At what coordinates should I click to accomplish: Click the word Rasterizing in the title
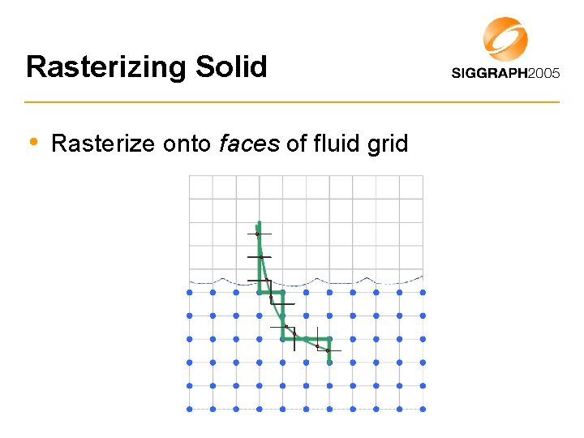(106, 67)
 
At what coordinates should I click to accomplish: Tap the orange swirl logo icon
(505, 39)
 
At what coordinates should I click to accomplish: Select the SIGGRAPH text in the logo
(488, 73)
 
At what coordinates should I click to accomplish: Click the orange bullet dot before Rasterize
(33, 142)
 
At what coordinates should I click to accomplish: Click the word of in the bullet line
(295, 144)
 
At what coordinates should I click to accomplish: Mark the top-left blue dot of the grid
(190, 292)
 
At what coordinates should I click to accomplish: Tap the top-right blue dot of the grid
(423, 292)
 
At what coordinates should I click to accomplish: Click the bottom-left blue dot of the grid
(190, 409)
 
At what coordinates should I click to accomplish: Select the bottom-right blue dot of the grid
(423, 409)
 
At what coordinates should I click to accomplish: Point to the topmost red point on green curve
(257, 234)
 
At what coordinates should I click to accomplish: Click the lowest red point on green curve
(328, 350)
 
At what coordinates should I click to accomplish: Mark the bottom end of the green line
(329, 363)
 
